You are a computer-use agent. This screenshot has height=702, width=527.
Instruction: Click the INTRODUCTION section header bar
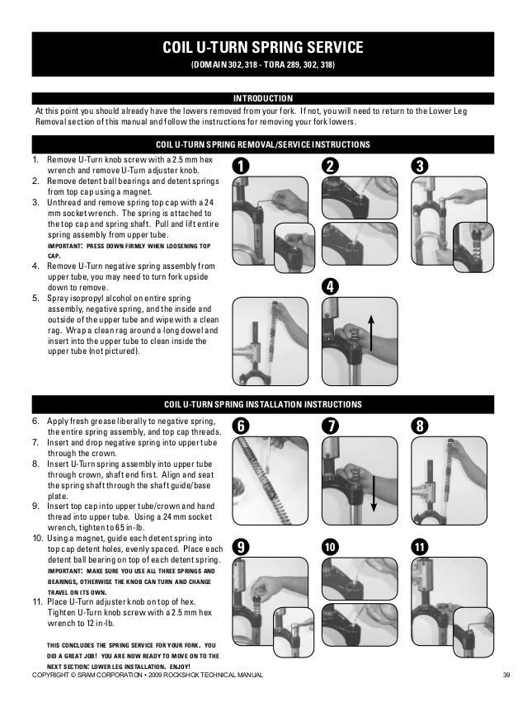click(x=263, y=98)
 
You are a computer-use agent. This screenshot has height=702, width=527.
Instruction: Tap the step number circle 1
click(x=240, y=166)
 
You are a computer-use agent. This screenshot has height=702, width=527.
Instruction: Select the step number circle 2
click(x=330, y=166)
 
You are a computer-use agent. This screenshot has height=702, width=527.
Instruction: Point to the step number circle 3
click(x=421, y=166)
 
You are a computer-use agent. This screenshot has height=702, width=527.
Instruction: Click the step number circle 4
click(x=330, y=287)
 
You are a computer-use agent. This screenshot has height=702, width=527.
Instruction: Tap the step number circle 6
click(x=240, y=426)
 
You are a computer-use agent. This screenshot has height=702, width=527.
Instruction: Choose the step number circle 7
click(x=330, y=426)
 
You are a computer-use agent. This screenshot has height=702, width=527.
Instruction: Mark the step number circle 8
click(x=421, y=426)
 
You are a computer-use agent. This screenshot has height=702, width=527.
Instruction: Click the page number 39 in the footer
click(x=506, y=677)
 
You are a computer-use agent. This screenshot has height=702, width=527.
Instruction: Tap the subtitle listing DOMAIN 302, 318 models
click(x=263, y=64)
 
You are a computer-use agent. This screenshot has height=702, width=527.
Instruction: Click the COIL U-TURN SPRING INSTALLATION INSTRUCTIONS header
click(x=263, y=405)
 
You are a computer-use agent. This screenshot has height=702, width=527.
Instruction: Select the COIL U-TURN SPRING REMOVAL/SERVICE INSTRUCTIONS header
click(x=263, y=144)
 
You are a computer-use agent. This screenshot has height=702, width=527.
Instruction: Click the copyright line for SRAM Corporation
click(x=147, y=677)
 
